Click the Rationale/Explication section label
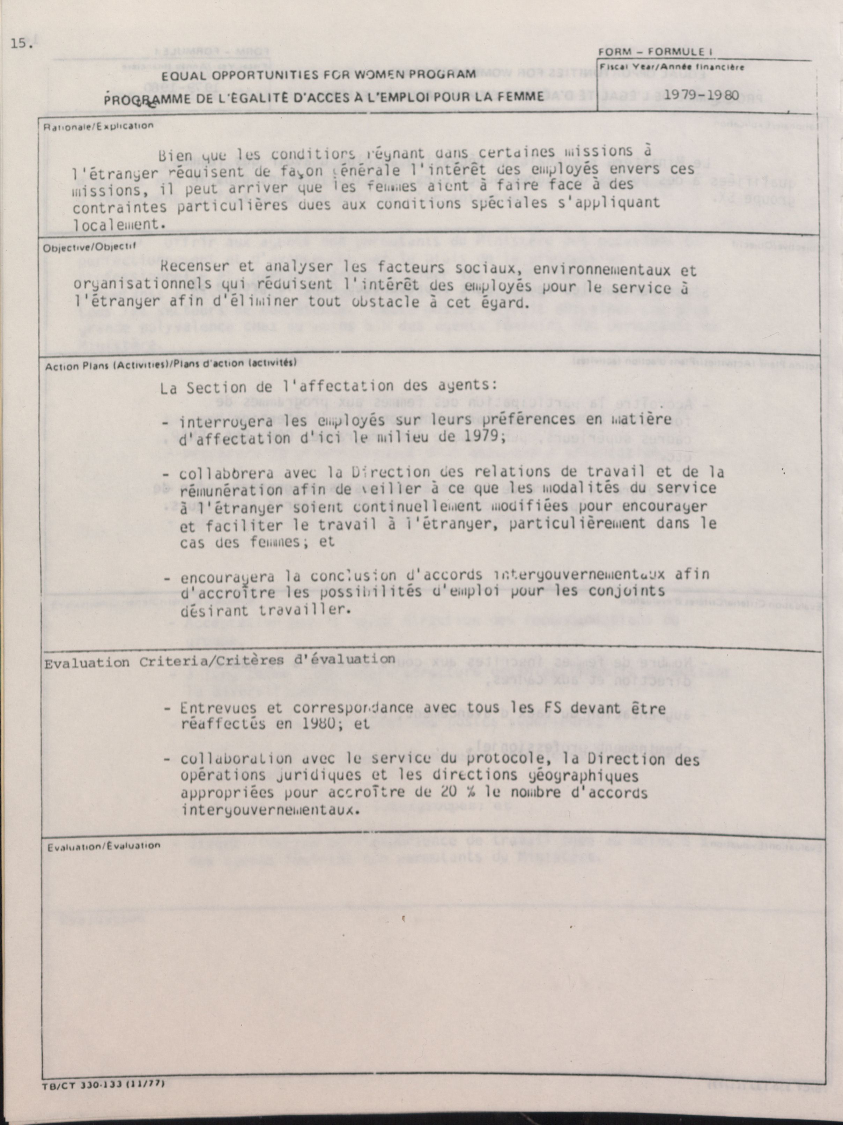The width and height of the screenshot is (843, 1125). (x=99, y=126)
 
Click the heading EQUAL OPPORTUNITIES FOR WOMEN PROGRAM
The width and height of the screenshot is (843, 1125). (x=318, y=75)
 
